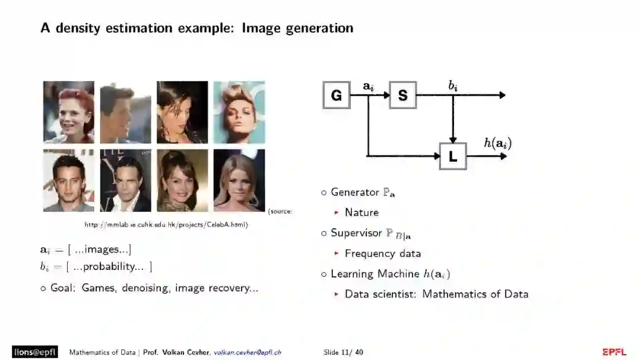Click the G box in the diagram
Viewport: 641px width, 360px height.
(x=337, y=95)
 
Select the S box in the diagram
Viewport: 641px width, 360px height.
(x=403, y=95)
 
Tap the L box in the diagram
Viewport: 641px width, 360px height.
(x=453, y=156)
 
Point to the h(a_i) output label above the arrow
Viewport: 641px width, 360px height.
(x=497, y=143)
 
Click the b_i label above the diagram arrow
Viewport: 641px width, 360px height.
(x=453, y=86)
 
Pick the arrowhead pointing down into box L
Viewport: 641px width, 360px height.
(x=453, y=139)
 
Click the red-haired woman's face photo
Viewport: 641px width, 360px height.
(x=69, y=112)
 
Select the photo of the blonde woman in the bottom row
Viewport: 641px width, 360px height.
(x=239, y=180)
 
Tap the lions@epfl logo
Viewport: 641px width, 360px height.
(x=35, y=352)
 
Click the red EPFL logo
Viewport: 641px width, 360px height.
(x=614, y=352)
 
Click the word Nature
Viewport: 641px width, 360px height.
(x=361, y=212)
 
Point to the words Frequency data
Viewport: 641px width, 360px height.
(x=383, y=253)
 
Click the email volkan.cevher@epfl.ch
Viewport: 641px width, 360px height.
(x=247, y=352)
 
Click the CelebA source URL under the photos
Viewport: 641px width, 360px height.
(x=166, y=225)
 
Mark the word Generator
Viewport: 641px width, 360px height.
(x=354, y=192)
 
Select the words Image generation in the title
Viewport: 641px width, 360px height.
(x=297, y=28)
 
